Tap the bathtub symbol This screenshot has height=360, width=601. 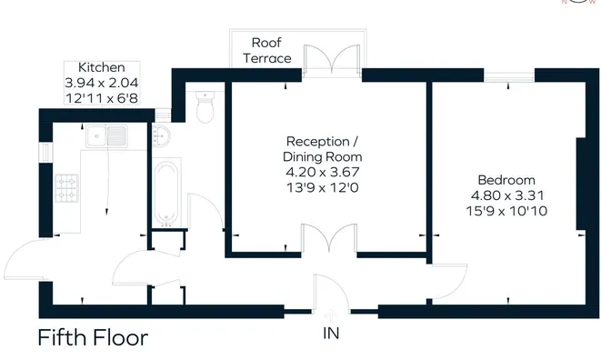coord(166,194)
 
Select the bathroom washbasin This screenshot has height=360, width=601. coord(161,136)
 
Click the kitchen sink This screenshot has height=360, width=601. coord(106,136)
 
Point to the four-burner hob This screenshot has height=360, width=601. coord(66,188)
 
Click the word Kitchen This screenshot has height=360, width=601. coord(102,67)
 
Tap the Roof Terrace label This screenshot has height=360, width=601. coord(266,50)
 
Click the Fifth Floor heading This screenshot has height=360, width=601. coord(93,337)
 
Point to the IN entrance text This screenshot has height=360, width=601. coord(331,334)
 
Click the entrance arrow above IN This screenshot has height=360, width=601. coord(331,316)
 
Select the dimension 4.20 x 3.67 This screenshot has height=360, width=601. coord(323,172)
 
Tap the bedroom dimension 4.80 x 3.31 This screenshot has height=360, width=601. coord(507,195)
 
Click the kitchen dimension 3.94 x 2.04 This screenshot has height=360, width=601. coord(102,83)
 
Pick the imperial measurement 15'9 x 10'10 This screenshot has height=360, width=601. coord(506,211)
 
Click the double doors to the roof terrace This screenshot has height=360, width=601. coord(332,59)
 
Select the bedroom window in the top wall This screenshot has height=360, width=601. coord(509,76)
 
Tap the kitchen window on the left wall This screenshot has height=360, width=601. coord(45,152)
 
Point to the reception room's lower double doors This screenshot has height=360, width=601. coord(329,238)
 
